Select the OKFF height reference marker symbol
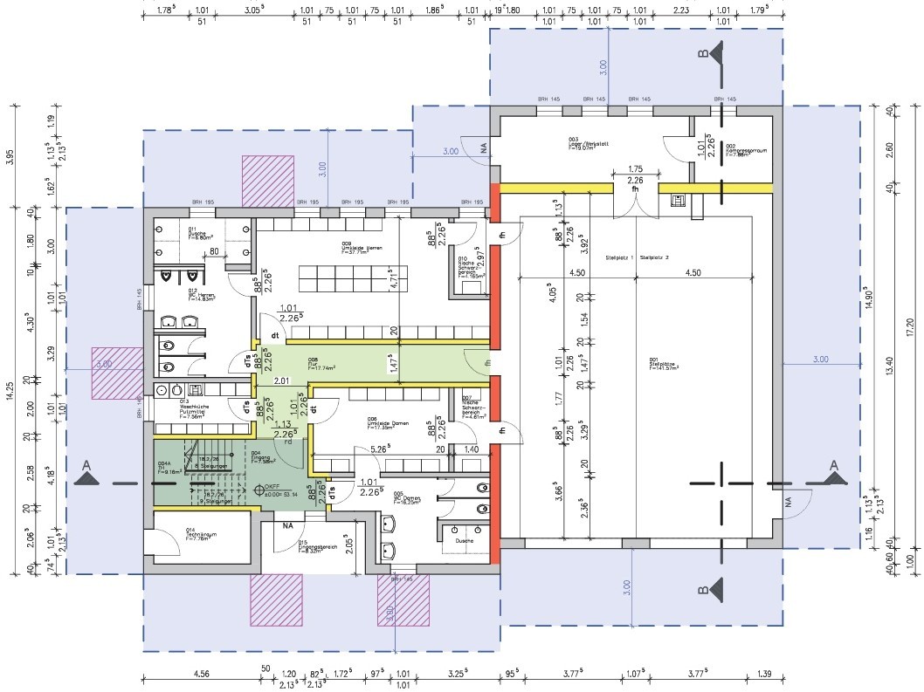[x=259, y=490]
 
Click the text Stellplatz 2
[x=655, y=258]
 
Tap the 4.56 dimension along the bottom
[x=200, y=675]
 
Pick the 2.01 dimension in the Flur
[x=280, y=381]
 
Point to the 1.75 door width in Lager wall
[x=636, y=168]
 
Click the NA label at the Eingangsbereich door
[x=286, y=525]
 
